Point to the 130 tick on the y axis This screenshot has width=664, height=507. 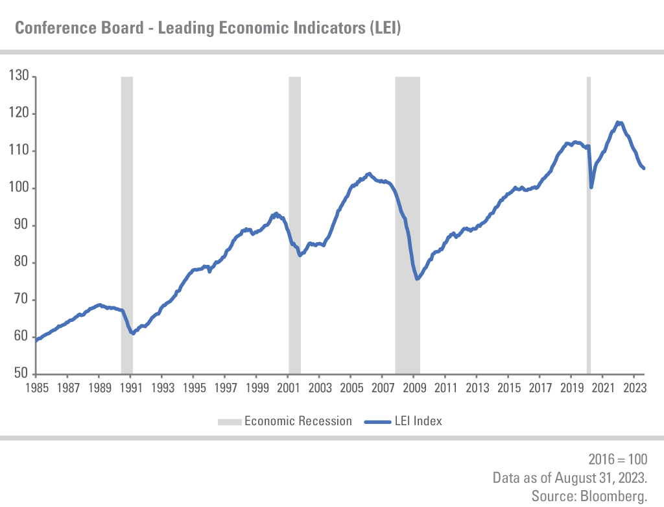click(19, 77)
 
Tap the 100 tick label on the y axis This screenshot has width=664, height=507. click(19, 188)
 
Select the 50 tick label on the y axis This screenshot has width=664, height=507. click(21, 374)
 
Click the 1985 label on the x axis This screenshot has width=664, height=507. click(36, 388)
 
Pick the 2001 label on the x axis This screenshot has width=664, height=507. click(288, 388)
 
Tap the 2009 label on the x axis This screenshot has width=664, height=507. click(414, 388)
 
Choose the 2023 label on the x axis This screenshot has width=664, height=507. click(634, 388)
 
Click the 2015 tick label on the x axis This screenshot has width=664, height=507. click(508, 388)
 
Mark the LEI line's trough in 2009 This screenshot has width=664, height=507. click(417, 279)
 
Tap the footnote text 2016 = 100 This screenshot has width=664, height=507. click(617, 460)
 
